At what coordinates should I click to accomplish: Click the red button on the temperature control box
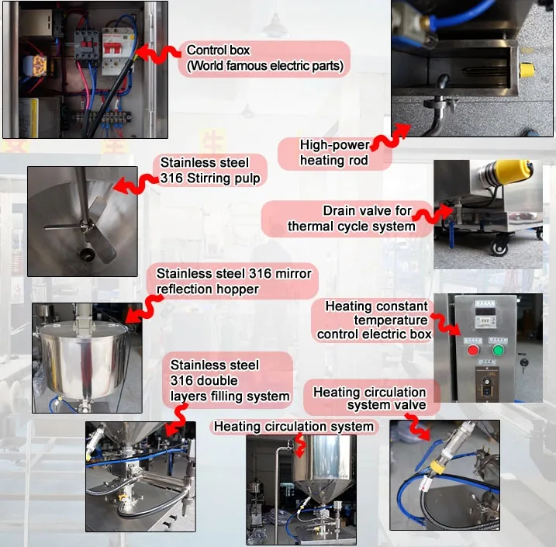point(473,351)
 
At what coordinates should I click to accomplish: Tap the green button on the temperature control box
point(498,351)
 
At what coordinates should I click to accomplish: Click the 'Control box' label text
point(219,50)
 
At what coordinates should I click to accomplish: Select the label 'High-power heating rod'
point(334,153)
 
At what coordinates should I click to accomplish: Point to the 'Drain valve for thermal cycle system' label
point(351,219)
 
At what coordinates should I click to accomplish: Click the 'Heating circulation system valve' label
point(369,398)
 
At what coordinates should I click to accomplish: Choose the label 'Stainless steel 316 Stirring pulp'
point(210,170)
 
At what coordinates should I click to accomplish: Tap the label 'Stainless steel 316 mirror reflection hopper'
point(234,281)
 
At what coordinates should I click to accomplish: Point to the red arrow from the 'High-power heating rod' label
point(389,137)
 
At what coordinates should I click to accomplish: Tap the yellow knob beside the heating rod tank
point(527,70)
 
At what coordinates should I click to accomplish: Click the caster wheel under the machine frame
point(499,248)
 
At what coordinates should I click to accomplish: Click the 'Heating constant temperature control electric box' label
point(375,320)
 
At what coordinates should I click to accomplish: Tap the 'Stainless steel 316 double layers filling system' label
point(230,381)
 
